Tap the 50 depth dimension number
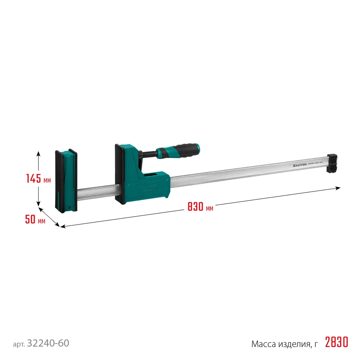coord(30,219)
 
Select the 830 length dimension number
coord(195,207)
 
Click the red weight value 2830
coord(337,342)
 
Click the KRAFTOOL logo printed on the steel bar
coord(296,165)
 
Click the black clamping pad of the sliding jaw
coord(118,173)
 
